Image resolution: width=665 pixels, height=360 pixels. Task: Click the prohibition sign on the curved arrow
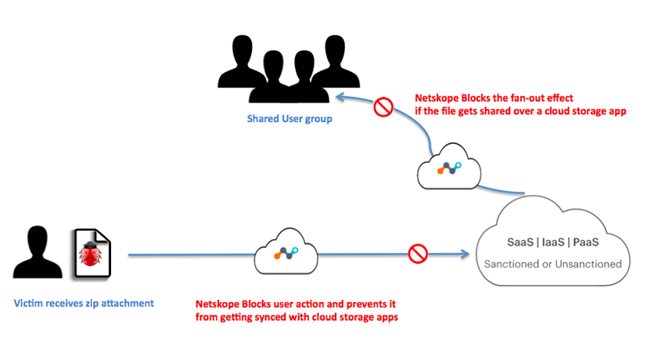point(383,107)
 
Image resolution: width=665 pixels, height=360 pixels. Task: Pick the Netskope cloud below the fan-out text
point(448,166)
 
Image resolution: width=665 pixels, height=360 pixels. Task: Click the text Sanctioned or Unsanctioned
point(552,264)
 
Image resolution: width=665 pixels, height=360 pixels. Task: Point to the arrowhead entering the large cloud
point(467,254)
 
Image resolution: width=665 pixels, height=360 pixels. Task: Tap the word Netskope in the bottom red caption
point(217,304)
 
